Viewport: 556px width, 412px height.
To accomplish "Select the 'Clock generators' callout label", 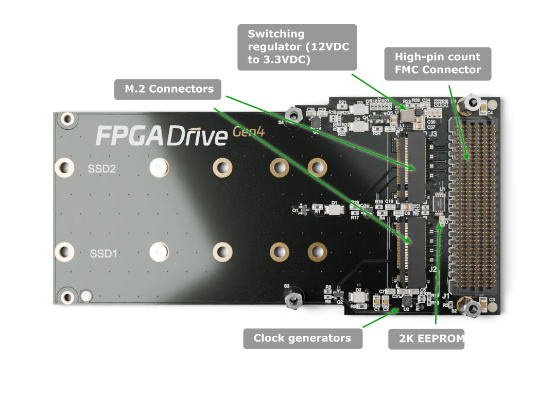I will coord(303,338).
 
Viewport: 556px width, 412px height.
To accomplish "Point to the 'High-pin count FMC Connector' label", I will coord(438,63).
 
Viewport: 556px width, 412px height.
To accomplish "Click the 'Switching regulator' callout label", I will coord(297,46).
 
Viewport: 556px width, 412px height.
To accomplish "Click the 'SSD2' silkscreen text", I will coord(102,168).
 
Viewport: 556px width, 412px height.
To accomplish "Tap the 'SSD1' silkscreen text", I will coord(104,253).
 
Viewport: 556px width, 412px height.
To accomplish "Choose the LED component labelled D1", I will coord(335,210).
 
